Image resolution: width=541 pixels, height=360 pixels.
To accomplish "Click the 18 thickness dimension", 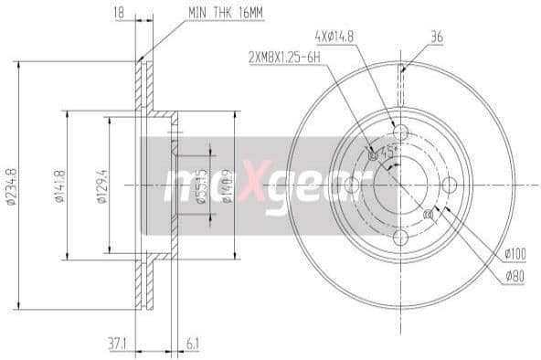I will click(118, 13).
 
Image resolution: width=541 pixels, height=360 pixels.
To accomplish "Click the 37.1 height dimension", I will click(117, 344).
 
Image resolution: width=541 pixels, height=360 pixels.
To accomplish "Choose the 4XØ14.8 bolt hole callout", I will click(334, 37).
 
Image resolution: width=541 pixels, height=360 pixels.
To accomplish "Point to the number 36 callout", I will click(437, 37).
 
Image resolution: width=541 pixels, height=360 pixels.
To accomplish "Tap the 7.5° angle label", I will click(387, 154).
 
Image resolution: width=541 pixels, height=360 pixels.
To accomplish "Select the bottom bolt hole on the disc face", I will click(400, 238).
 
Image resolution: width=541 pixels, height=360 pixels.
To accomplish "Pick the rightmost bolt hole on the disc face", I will click(450, 185).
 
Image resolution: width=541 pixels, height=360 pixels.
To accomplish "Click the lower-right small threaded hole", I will click(429, 215).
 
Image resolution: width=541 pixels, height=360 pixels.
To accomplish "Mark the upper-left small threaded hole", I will click(371, 155).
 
